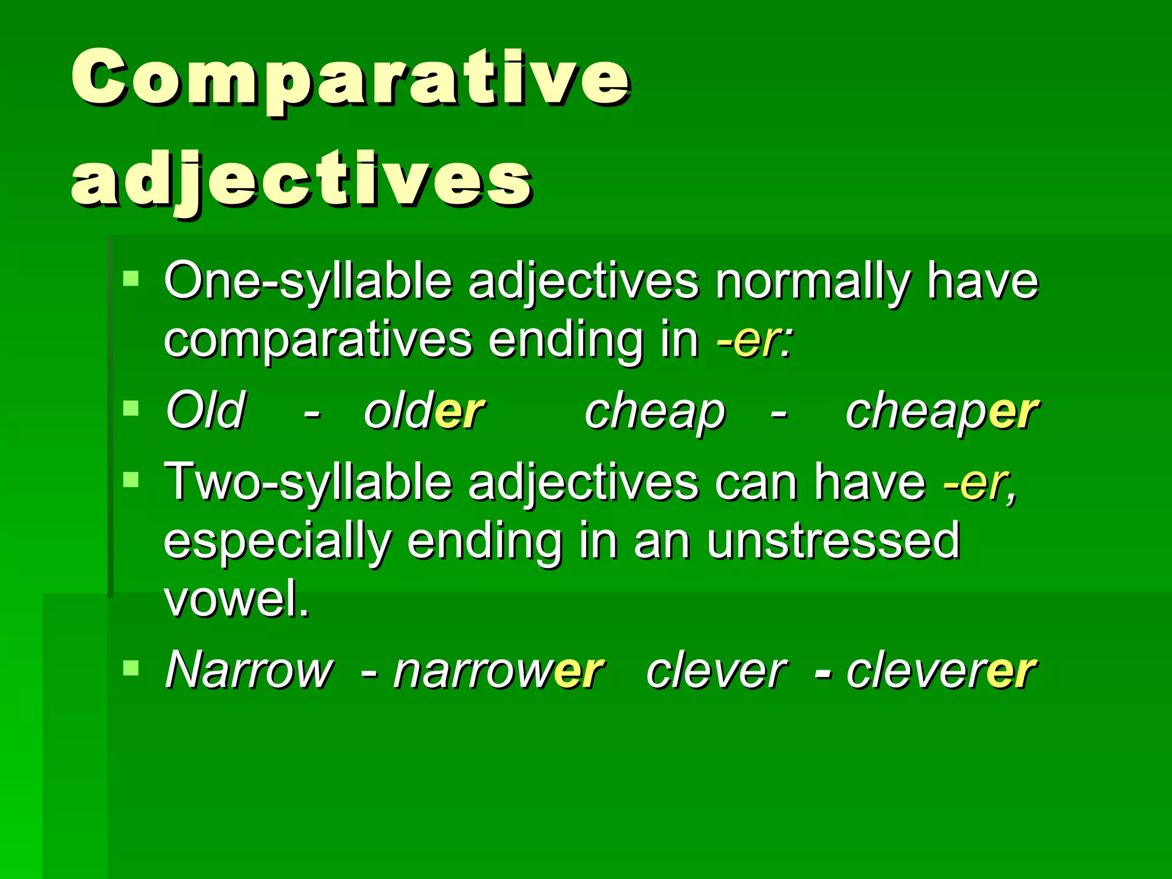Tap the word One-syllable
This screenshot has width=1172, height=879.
308,281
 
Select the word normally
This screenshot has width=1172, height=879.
813,281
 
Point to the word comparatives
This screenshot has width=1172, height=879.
318,340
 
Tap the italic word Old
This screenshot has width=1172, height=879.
205,410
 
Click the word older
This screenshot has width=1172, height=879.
424,411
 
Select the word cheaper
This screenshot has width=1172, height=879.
941,411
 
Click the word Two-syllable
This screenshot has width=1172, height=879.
308,482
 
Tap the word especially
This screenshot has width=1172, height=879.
278,541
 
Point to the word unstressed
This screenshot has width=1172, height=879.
833,540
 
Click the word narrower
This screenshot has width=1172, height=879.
498,671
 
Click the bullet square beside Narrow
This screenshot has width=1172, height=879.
131,667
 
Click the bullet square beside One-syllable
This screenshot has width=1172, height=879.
131,279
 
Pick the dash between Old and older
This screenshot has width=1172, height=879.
312,411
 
